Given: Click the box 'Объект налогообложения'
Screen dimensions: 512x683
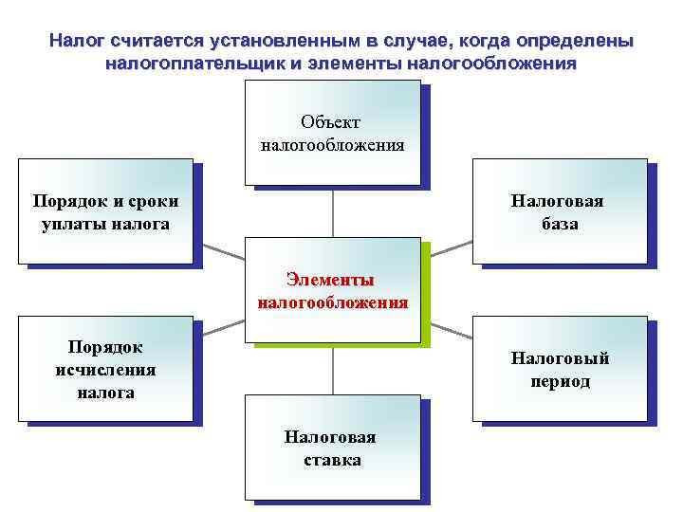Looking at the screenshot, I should [332, 132].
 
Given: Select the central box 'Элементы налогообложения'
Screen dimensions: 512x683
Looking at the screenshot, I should [332, 290].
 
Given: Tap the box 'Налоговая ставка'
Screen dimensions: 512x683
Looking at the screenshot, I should [332, 447].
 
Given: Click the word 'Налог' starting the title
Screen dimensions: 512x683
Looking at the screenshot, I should [79, 43].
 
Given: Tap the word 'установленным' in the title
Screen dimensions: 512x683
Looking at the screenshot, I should [289, 43].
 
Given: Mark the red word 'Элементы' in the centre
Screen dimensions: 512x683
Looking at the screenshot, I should [331, 280].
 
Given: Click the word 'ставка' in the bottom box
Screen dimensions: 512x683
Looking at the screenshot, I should [332, 460].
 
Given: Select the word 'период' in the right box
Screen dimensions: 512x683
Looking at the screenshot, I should [560, 381].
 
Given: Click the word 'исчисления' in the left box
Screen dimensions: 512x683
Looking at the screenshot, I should [105, 370].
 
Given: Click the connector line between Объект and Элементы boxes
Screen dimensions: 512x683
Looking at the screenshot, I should [332, 212].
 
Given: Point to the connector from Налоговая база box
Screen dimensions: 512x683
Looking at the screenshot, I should [448, 249].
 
